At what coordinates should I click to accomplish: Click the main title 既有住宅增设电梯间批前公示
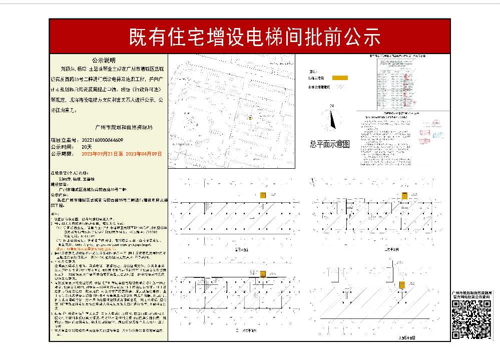(255, 36)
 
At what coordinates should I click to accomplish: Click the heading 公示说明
(103, 59)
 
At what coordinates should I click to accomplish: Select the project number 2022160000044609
(102, 140)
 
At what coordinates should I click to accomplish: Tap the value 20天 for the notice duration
(87, 147)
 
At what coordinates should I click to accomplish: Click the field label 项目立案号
(64, 140)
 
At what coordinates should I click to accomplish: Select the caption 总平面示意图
(329, 144)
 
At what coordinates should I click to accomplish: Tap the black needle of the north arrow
(332, 120)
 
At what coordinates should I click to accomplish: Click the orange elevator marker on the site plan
(250, 118)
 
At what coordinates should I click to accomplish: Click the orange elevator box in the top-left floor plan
(263, 195)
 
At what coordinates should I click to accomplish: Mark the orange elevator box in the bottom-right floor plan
(401, 285)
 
